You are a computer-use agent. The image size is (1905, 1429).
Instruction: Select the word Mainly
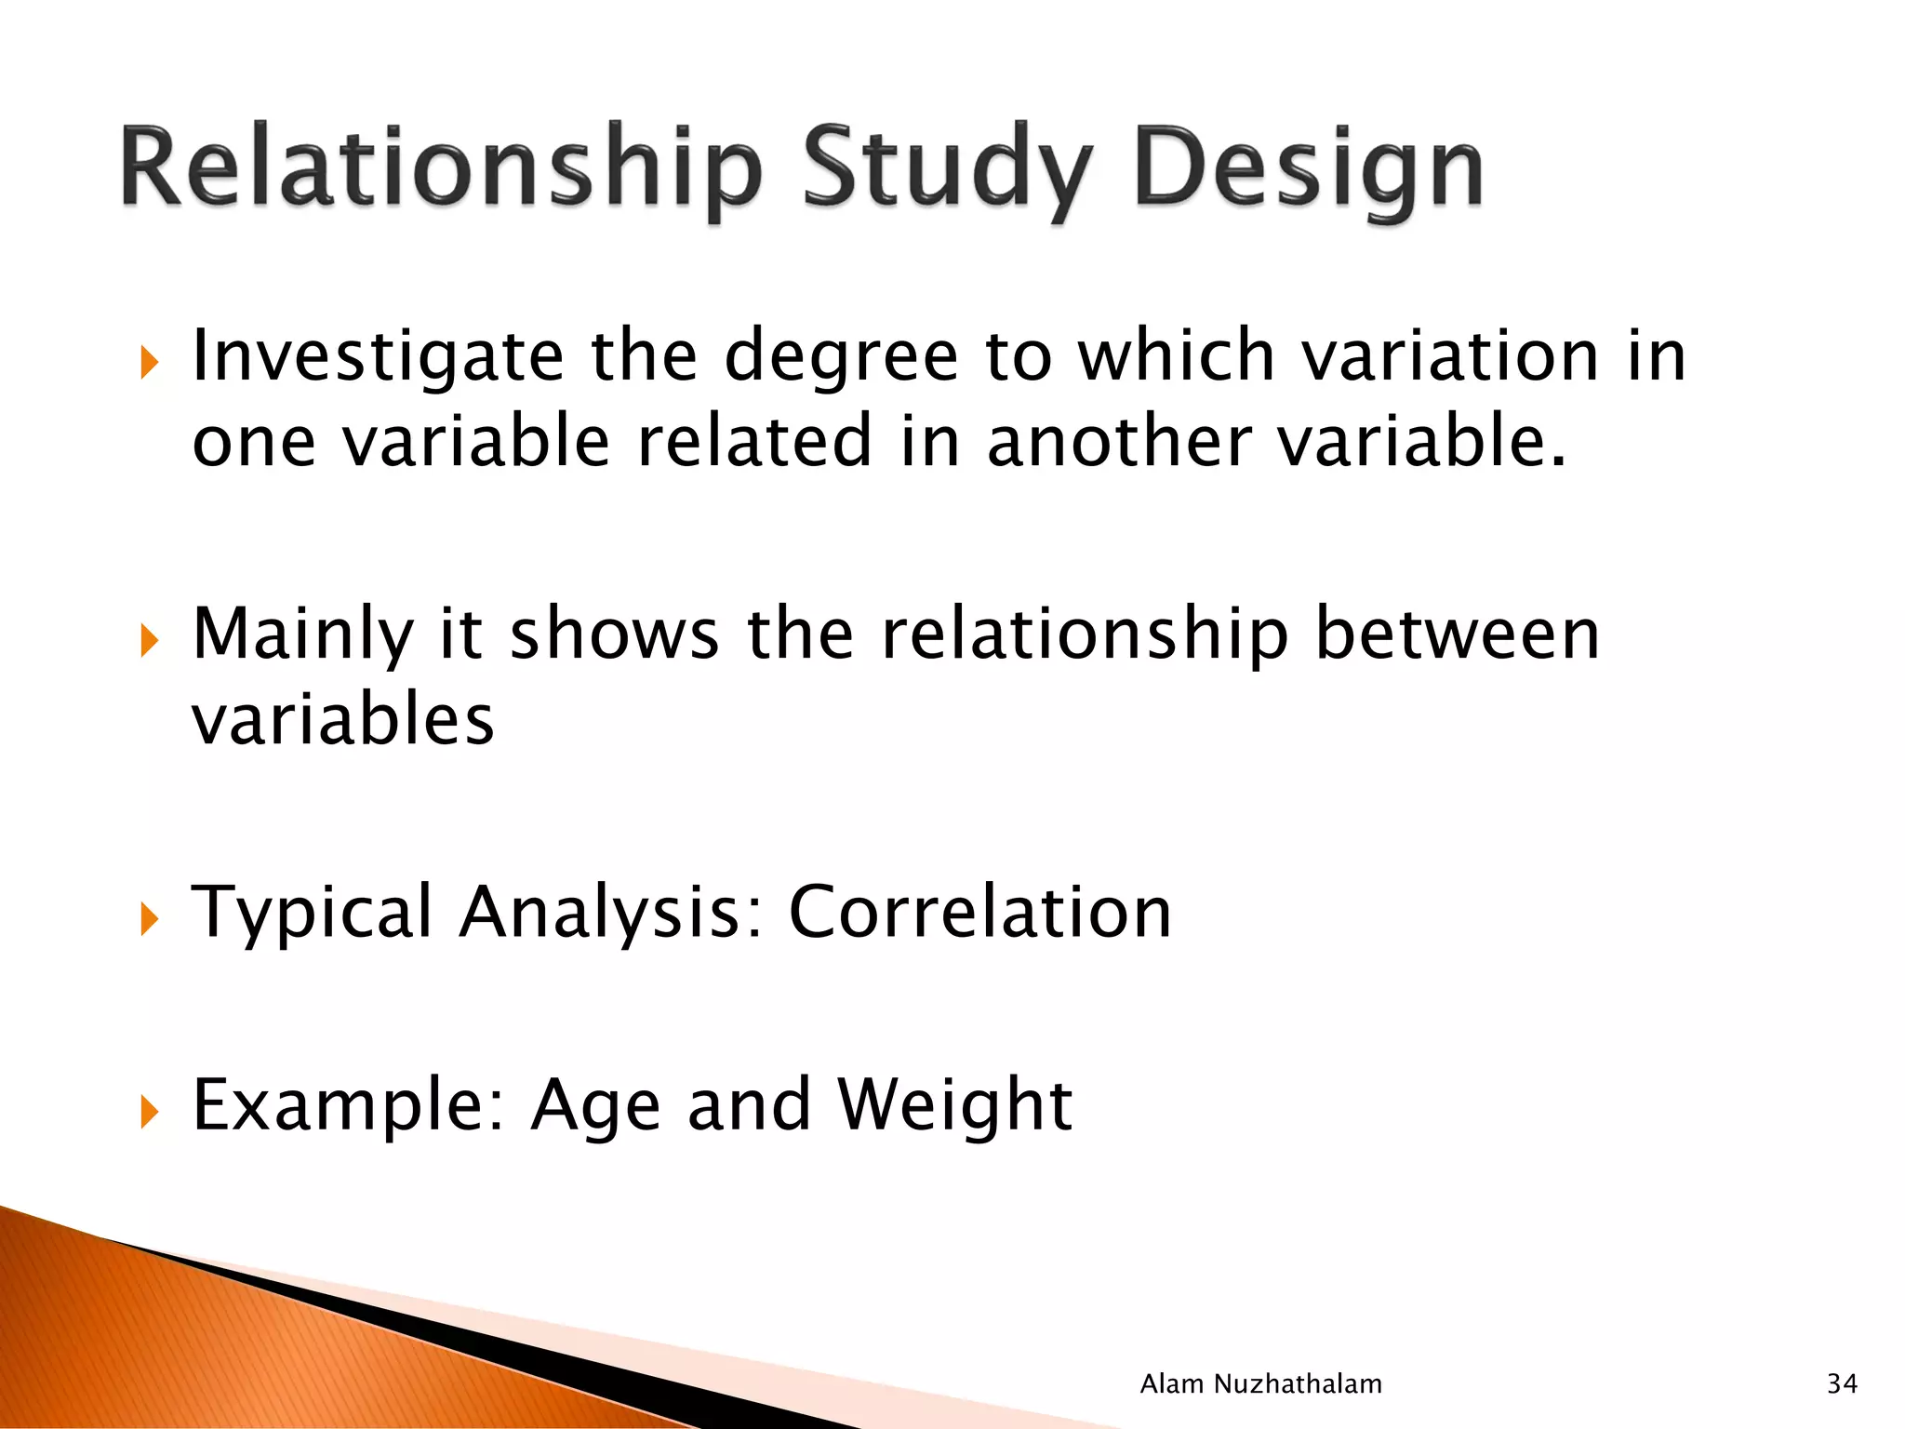302,634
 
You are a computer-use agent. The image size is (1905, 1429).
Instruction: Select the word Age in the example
595,1104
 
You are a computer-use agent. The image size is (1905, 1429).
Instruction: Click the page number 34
1842,1384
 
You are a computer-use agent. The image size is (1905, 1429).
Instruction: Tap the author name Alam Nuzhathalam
1260,1384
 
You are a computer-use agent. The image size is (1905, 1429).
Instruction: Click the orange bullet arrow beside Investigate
150,362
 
